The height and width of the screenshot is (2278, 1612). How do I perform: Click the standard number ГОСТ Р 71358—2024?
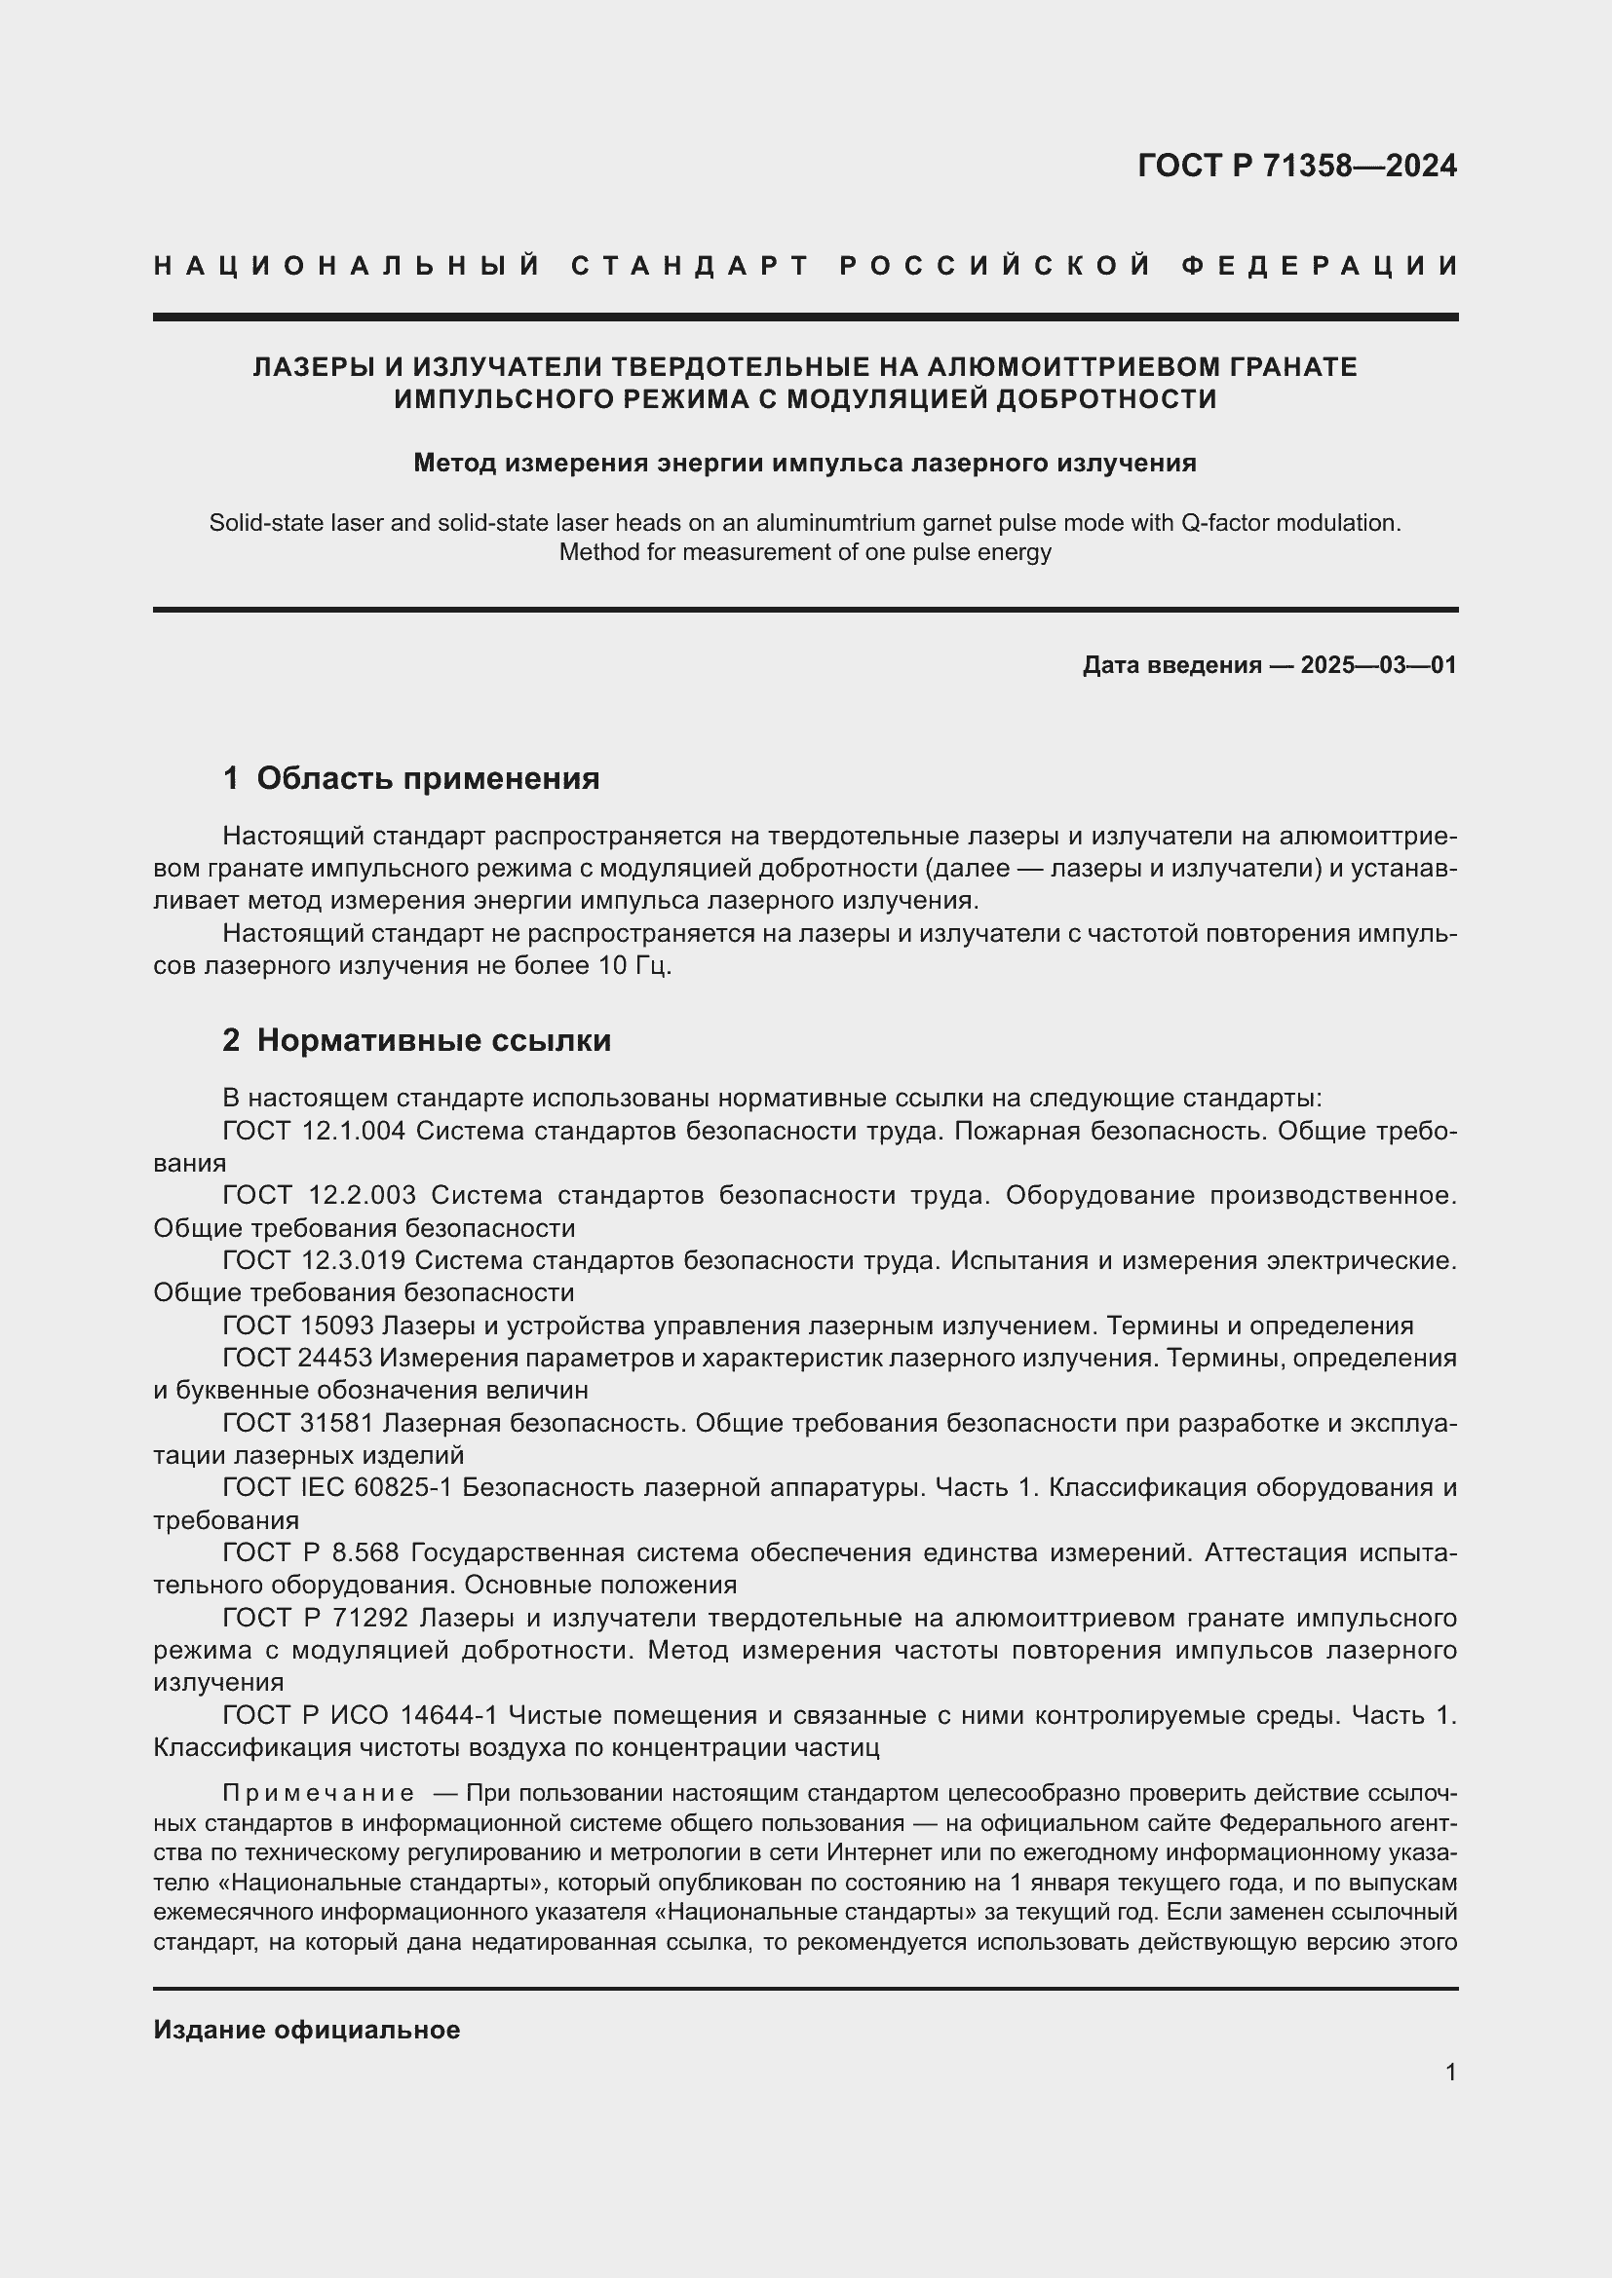tap(1296, 166)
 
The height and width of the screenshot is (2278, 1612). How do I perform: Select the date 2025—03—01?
tap(1378, 665)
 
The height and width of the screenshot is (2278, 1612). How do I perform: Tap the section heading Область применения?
tap(428, 779)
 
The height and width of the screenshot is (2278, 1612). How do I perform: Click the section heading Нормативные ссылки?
tap(434, 1041)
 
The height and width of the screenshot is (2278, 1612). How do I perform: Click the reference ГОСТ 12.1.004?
tap(314, 1131)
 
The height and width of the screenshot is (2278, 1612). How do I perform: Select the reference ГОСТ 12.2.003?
tap(319, 1196)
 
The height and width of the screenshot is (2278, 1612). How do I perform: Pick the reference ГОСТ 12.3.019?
tap(314, 1261)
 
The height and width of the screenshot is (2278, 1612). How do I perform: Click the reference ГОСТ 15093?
tap(298, 1326)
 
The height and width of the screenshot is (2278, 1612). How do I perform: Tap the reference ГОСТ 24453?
tap(298, 1359)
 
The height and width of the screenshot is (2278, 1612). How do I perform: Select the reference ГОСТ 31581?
tap(298, 1424)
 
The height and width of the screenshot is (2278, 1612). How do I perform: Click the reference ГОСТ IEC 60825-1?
tap(338, 1488)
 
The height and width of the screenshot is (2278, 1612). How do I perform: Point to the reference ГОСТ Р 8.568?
tap(311, 1552)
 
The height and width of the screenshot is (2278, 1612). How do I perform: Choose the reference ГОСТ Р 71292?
tap(316, 1619)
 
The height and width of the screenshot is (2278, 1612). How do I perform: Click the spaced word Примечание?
tap(319, 1793)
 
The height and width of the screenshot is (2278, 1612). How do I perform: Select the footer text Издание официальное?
tap(307, 2030)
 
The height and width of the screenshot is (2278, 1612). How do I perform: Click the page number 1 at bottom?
tap(1450, 2073)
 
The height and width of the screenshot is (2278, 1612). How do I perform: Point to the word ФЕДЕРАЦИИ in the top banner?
tap(1320, 266)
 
